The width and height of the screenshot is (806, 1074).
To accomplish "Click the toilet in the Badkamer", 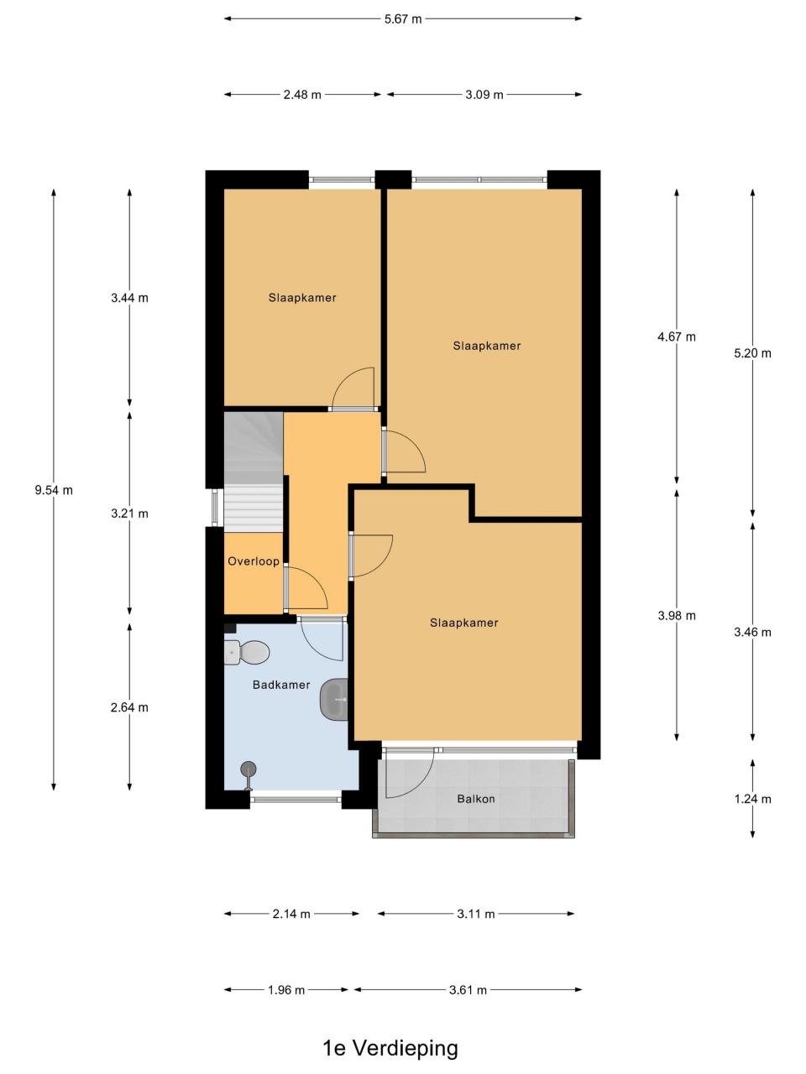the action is pos(246,652).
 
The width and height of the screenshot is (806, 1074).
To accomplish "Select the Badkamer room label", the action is pos(281,685).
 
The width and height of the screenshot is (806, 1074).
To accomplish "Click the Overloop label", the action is pos(254,561).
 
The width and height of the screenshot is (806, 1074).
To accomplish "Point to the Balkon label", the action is pos(476,799).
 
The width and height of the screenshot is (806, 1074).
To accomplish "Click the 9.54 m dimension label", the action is pos(54,490).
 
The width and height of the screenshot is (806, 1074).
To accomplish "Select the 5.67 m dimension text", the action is pos(403,19).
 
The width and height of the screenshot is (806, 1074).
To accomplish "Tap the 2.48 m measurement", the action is pos(302,95).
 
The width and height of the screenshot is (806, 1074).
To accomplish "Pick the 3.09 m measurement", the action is pos(484,95).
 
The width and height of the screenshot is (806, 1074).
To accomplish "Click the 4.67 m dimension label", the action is pos(677,336).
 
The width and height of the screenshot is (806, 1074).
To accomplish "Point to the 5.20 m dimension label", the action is pos(752,353).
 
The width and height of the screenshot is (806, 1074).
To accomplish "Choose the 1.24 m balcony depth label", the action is pos(752,799).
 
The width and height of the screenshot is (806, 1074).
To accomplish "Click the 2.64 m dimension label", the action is pos(129,707).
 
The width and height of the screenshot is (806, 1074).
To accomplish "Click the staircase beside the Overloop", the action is pos(254,472).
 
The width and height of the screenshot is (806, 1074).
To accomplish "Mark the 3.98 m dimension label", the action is pos(677,616).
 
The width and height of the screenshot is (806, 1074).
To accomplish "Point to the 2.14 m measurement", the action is pos(291,914).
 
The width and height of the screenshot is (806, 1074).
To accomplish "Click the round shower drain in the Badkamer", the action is pos(249,769).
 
